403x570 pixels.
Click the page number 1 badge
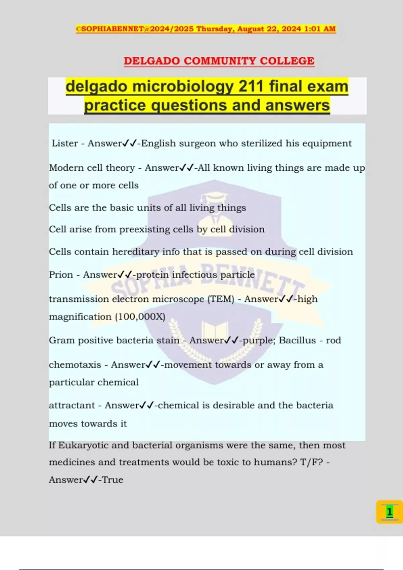point(389,512)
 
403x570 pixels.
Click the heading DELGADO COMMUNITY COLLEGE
point(219,61)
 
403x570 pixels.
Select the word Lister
point(65,144)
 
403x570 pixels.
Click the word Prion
point(61,275)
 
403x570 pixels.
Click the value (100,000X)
point(140,317)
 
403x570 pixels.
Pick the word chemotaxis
point(75,365)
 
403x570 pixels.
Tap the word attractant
point(72,405)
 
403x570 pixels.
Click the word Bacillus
point(297,340)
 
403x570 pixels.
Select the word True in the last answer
point(113,480)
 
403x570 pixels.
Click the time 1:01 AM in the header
point(320,29)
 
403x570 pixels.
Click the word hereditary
point(136,252)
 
